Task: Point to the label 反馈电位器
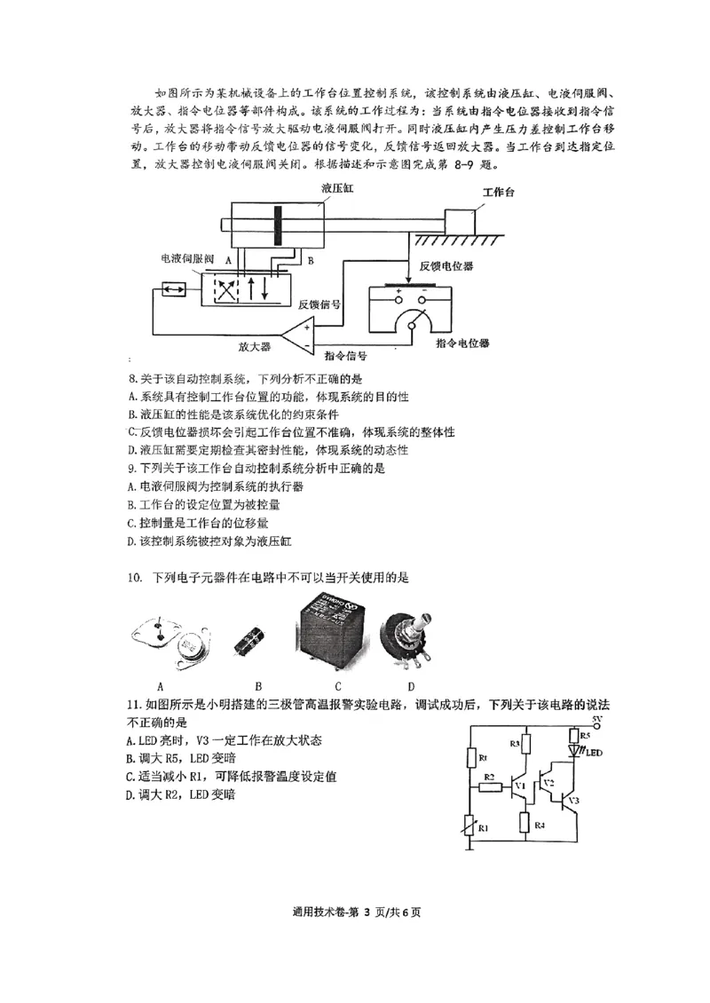coord(446,265)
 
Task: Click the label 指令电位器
coord(462,343)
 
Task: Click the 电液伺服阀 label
coord(187,259)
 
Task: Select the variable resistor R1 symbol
coord(469,828)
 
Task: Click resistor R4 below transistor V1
coord(526,823)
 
